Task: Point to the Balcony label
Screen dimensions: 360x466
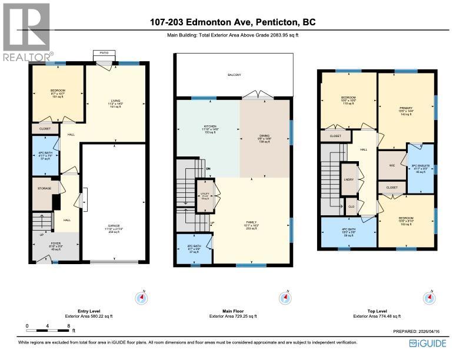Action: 234,75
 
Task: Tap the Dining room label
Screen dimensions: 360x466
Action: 264,137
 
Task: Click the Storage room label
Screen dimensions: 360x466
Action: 45,189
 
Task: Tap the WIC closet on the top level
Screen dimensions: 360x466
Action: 391,165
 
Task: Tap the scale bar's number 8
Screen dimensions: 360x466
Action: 69,325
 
